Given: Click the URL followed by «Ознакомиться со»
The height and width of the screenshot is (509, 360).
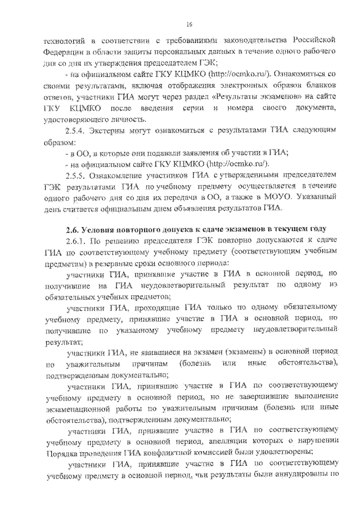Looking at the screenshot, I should pyautogui.click(x=241, y=74).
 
